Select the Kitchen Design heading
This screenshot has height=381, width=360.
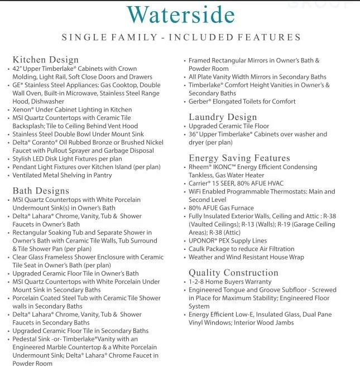(46, 60)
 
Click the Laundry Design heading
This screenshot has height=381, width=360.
(223, 117)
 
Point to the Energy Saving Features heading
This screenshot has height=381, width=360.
(239, 158)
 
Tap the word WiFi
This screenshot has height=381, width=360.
(196, 191)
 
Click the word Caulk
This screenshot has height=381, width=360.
(198, 248)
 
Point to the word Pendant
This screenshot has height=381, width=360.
(27, 167)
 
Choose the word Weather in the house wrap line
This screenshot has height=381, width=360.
(201, 257)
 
